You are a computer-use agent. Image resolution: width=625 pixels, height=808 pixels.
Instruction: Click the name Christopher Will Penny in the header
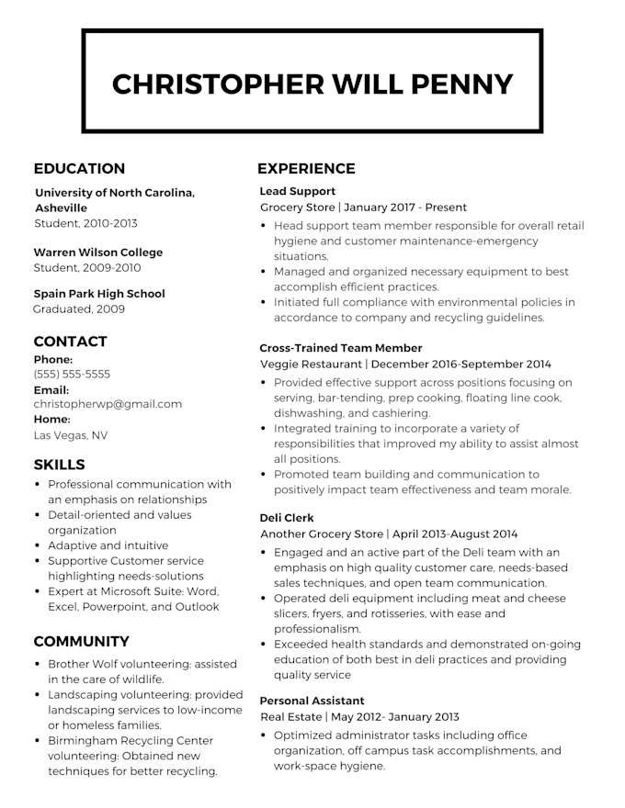tap(312, 84)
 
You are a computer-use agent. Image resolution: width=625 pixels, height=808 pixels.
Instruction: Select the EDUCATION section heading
tap(79, 169)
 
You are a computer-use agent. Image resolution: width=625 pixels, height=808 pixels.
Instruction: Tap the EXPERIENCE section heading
tap(306, 169)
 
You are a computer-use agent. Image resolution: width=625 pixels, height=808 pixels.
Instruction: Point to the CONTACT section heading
tap(71, 342)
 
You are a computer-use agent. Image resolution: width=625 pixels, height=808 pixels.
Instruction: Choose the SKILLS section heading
tap(59, 465)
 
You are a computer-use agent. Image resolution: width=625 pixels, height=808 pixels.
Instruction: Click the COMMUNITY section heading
tap(81, 642)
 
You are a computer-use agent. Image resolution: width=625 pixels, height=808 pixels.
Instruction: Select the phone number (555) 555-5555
tap(72, 375)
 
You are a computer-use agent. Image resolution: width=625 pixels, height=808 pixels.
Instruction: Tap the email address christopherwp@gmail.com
tap(108, 404)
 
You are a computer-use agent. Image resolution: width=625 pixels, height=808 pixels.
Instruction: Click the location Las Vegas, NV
tap(71, 435)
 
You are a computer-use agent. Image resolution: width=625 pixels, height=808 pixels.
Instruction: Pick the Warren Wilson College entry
tap(98, 252)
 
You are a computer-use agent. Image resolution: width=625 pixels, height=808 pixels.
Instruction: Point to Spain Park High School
tap(99, 294)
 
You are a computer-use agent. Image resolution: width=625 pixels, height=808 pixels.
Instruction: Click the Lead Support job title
tap(298, 192)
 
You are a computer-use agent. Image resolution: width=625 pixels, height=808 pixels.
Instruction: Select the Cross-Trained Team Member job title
tap(341, 348)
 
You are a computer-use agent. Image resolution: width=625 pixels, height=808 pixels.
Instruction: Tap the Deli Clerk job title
tap(288, 518)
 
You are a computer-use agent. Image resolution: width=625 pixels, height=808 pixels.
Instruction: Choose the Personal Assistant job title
tap(312, 701)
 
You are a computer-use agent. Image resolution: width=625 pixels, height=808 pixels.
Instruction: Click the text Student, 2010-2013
tap(85, 223)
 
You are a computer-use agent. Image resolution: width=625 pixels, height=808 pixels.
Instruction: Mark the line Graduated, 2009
tap(79, 309)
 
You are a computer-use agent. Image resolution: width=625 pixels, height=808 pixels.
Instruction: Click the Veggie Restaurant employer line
tap(405, 364)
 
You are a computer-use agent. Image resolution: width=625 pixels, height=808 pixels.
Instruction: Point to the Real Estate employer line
tap(360, 717)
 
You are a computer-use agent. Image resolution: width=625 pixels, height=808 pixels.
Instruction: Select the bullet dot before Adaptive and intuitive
tap(37, 545)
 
